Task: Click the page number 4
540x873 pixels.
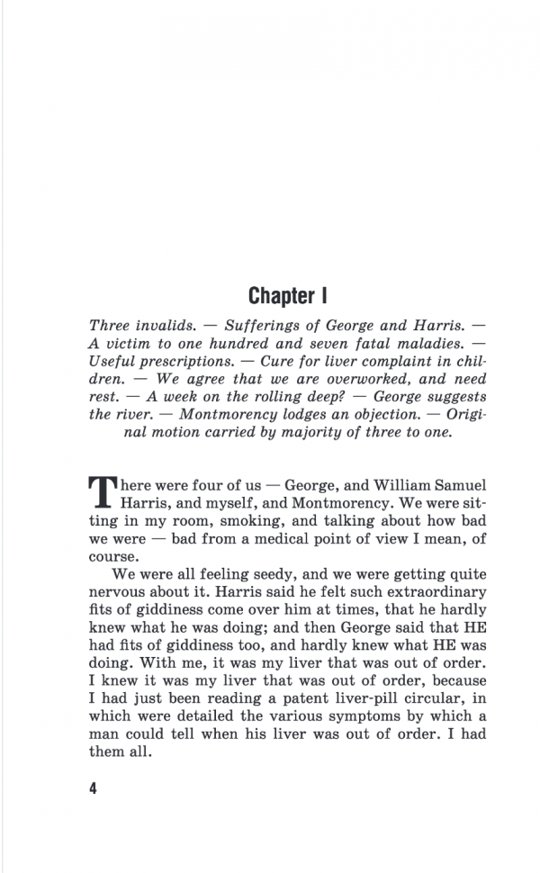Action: pos(93,788)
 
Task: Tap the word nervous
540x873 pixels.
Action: pos(120,592)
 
